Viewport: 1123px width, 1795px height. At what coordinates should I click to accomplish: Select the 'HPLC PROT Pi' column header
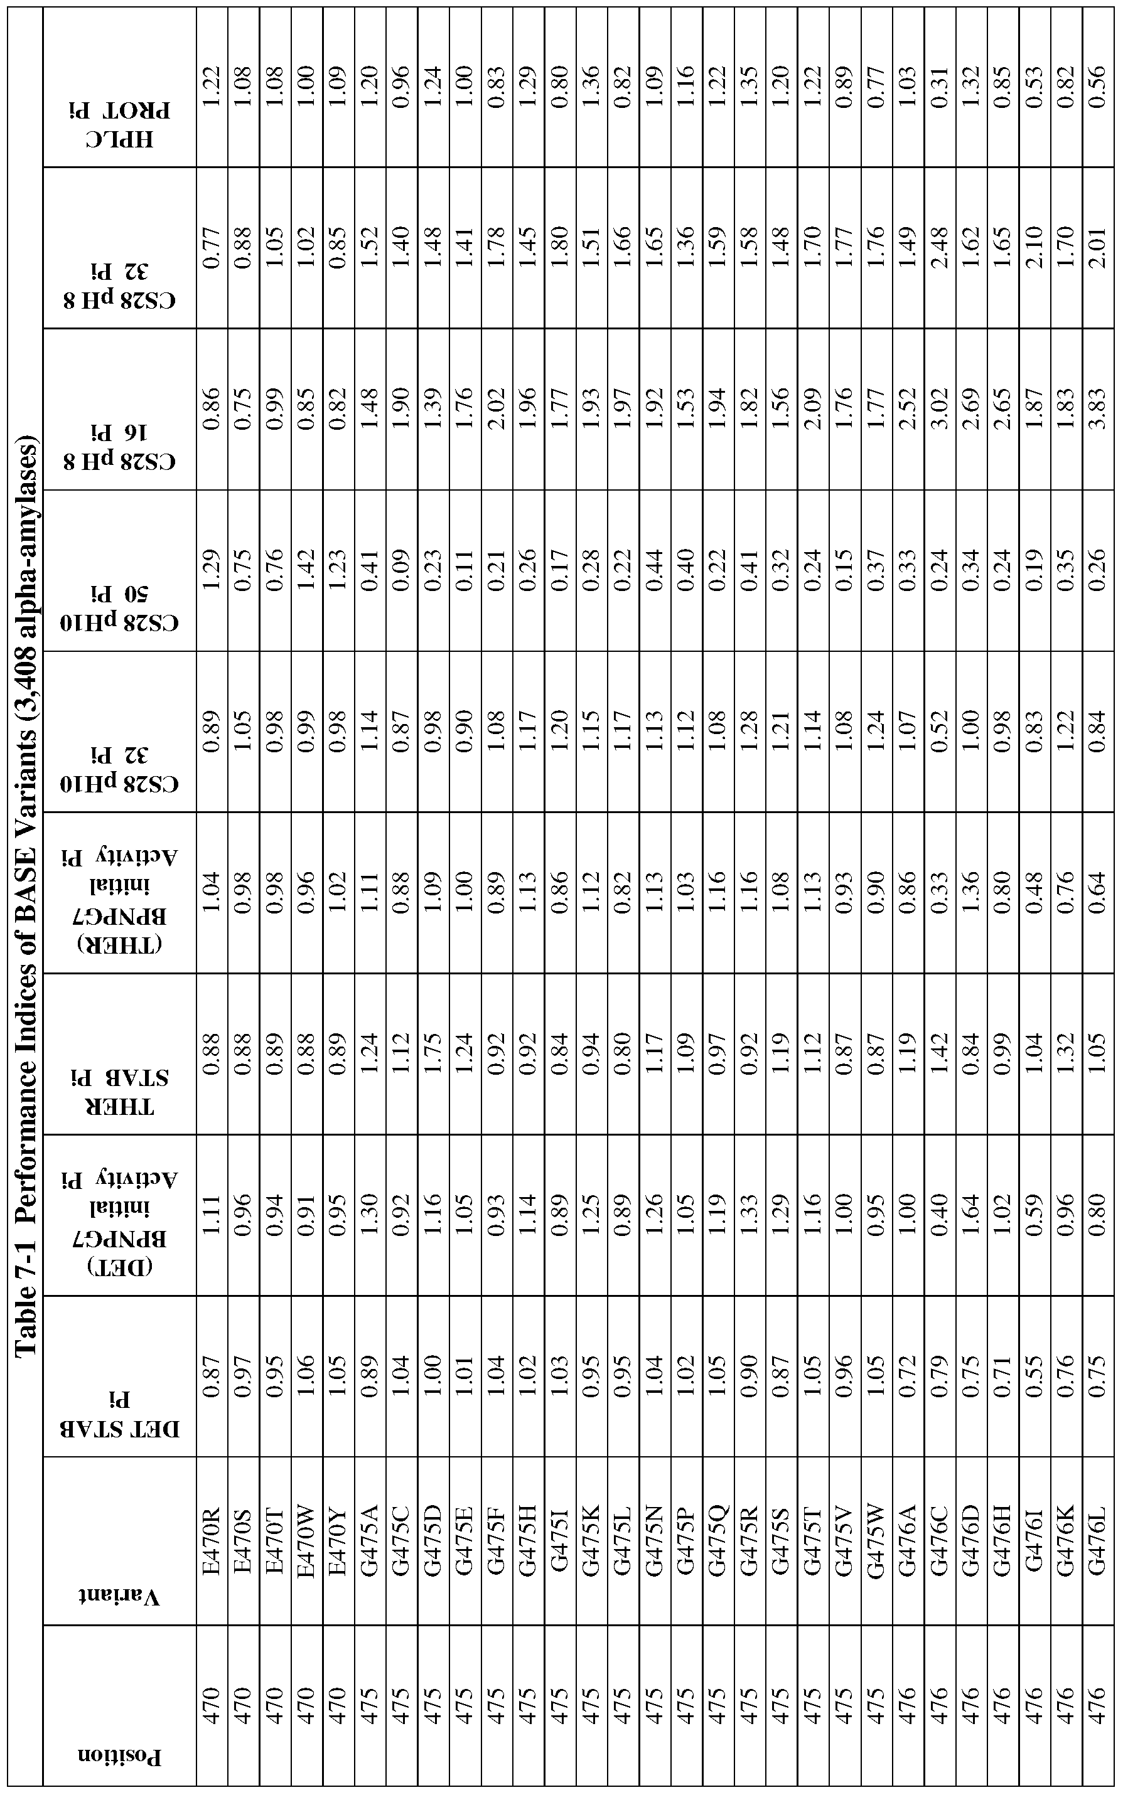[119, 88]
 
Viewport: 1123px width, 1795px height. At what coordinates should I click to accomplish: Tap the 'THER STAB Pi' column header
[119, 1054]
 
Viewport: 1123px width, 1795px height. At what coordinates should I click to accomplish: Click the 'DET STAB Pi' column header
[119, 1377]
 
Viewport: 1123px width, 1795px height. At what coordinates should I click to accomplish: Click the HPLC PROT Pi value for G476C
[939, 88]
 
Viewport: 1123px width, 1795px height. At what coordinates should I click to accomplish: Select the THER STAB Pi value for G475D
[433, 1054]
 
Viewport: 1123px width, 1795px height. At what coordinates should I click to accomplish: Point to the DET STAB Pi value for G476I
[1034, 1377]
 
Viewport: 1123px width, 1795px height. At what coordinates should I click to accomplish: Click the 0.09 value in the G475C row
[402, 571]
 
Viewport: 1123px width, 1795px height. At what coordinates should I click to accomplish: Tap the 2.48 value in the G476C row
[939, 248]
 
